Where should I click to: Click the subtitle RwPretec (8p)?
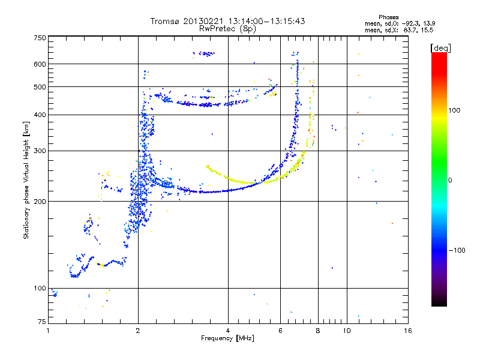pyautogui.click(x=227, y=29)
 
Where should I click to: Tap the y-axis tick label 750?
pyautogui.click(x=40, y=38)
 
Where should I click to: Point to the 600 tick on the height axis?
pyautogui.click(x=40, y=64)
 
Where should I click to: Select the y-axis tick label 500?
pyautogui.click(x=40, y=86)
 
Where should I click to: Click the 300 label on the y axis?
pyautogui.click(x=40, y=151)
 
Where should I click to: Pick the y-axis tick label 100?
pyautogui.click(x=40, y=288)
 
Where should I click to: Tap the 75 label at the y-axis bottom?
pyautogui.click(x=42, y=322)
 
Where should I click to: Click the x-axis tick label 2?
pyautogui.click(x=138, y=331)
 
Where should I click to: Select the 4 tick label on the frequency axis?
pyautogui.click(x=228, y=331)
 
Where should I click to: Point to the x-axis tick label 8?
pyautogui.click(x=318, y=331)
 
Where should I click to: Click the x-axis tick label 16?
pyautogui.click(x=408, y=331)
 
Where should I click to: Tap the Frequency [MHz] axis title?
pyautogui.click(x=227, y=338)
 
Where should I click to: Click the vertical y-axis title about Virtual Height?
pyautogui.click(x=26, y=180)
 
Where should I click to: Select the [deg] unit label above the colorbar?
pyautogui.click(x=440, y=48)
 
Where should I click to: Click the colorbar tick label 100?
pyautogui.click(x=454, y=110)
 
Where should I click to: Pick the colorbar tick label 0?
pyautogui.click(x=450, y=180)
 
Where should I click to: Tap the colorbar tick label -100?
pyautogui.click(x=457, y=250)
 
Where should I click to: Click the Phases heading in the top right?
pyautogui.click(x=388, y=17)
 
